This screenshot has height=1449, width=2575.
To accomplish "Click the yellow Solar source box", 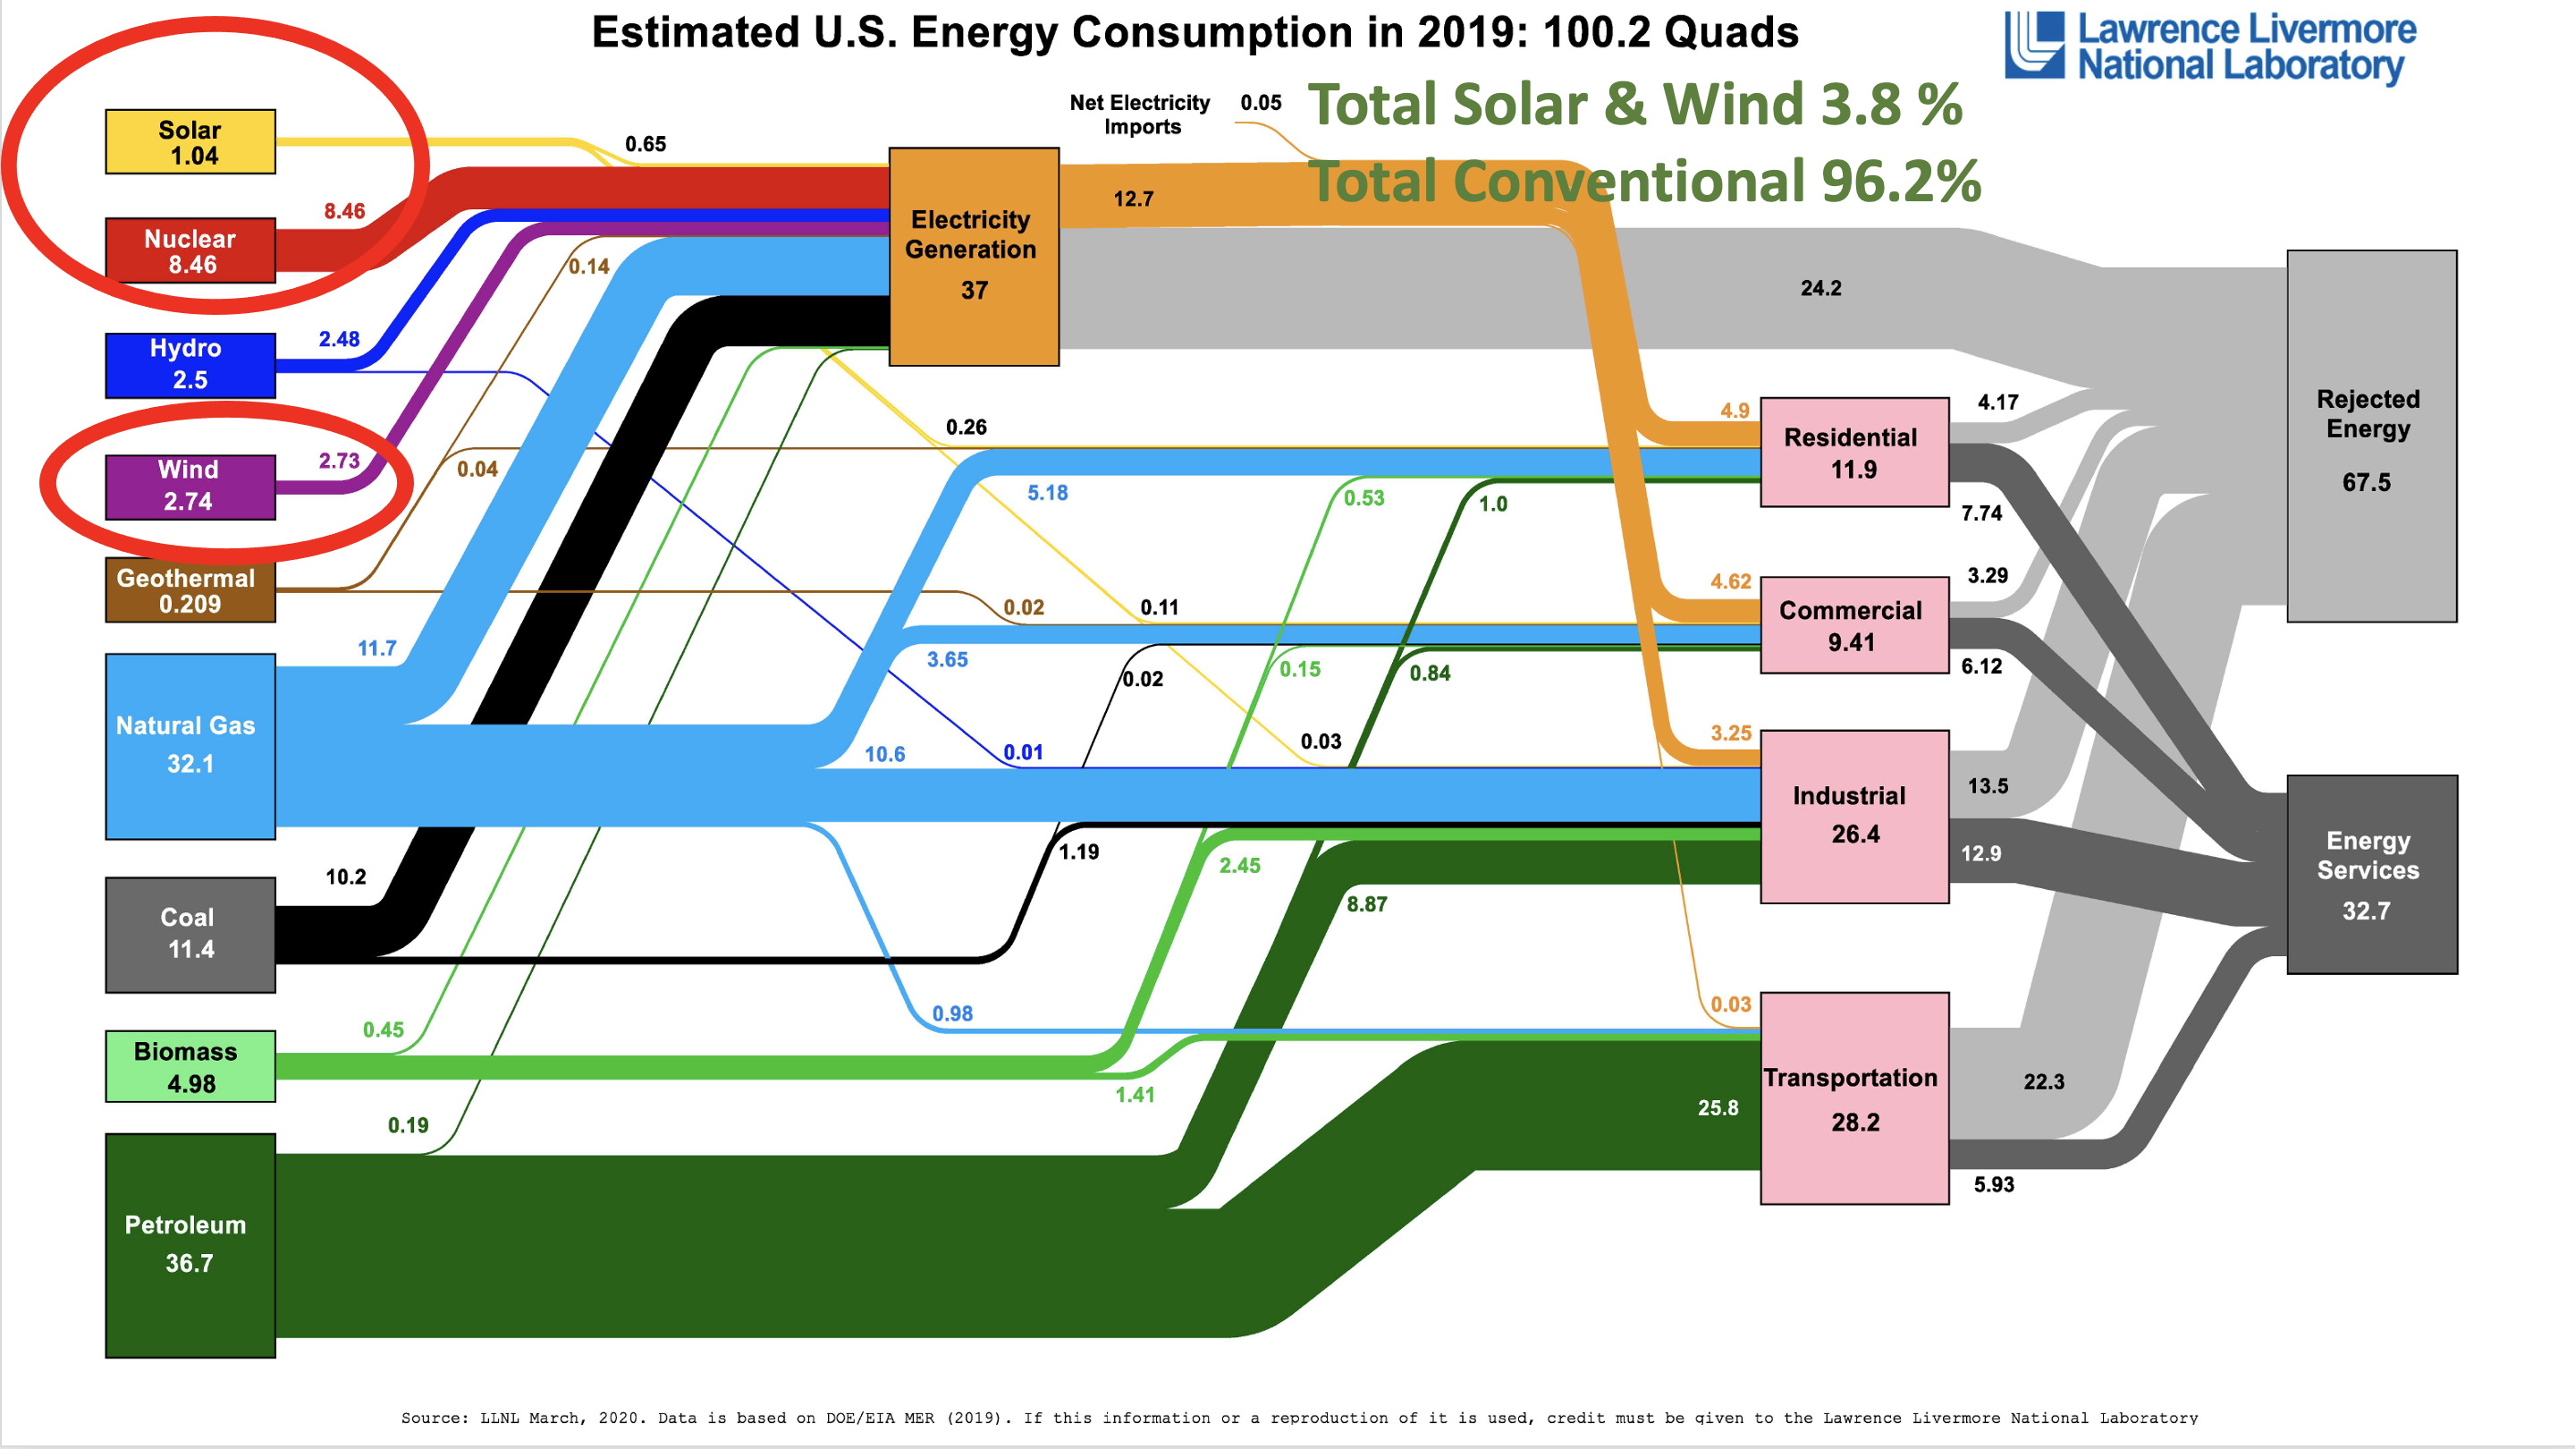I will (x=190, y=142).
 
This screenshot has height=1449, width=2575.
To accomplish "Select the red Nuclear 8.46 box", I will (x=190, y=251).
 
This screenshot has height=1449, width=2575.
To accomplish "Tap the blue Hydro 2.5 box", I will (x=190, y=365).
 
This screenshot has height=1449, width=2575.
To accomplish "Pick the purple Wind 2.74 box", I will (x=190, y=487).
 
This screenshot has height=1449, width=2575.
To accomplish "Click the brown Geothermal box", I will (x=190, y=591).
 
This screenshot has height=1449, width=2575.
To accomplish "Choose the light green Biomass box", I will (x=190, y=1067).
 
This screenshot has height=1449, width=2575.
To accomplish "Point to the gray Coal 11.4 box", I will (x=190, y=935).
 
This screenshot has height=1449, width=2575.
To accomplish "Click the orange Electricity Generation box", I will (x=974, y=257).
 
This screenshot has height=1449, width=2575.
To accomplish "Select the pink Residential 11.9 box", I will (x=1854, y=453).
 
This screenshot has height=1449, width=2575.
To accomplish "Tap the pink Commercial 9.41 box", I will (x=1854, y=626).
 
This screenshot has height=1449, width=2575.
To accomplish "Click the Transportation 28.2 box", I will (x=1854, y=1099).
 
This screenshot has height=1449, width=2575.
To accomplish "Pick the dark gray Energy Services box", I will (x=2371, y=875).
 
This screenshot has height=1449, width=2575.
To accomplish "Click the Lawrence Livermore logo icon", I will (x=2034, y=45).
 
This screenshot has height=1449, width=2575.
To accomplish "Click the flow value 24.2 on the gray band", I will (x=1820, y=289).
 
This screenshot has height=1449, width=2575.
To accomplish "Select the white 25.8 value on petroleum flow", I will (x=1718, y=1108).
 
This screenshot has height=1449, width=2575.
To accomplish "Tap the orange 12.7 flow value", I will (x=1134, y=199).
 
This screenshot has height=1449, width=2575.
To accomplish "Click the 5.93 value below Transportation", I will (x=1993, y=1185).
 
